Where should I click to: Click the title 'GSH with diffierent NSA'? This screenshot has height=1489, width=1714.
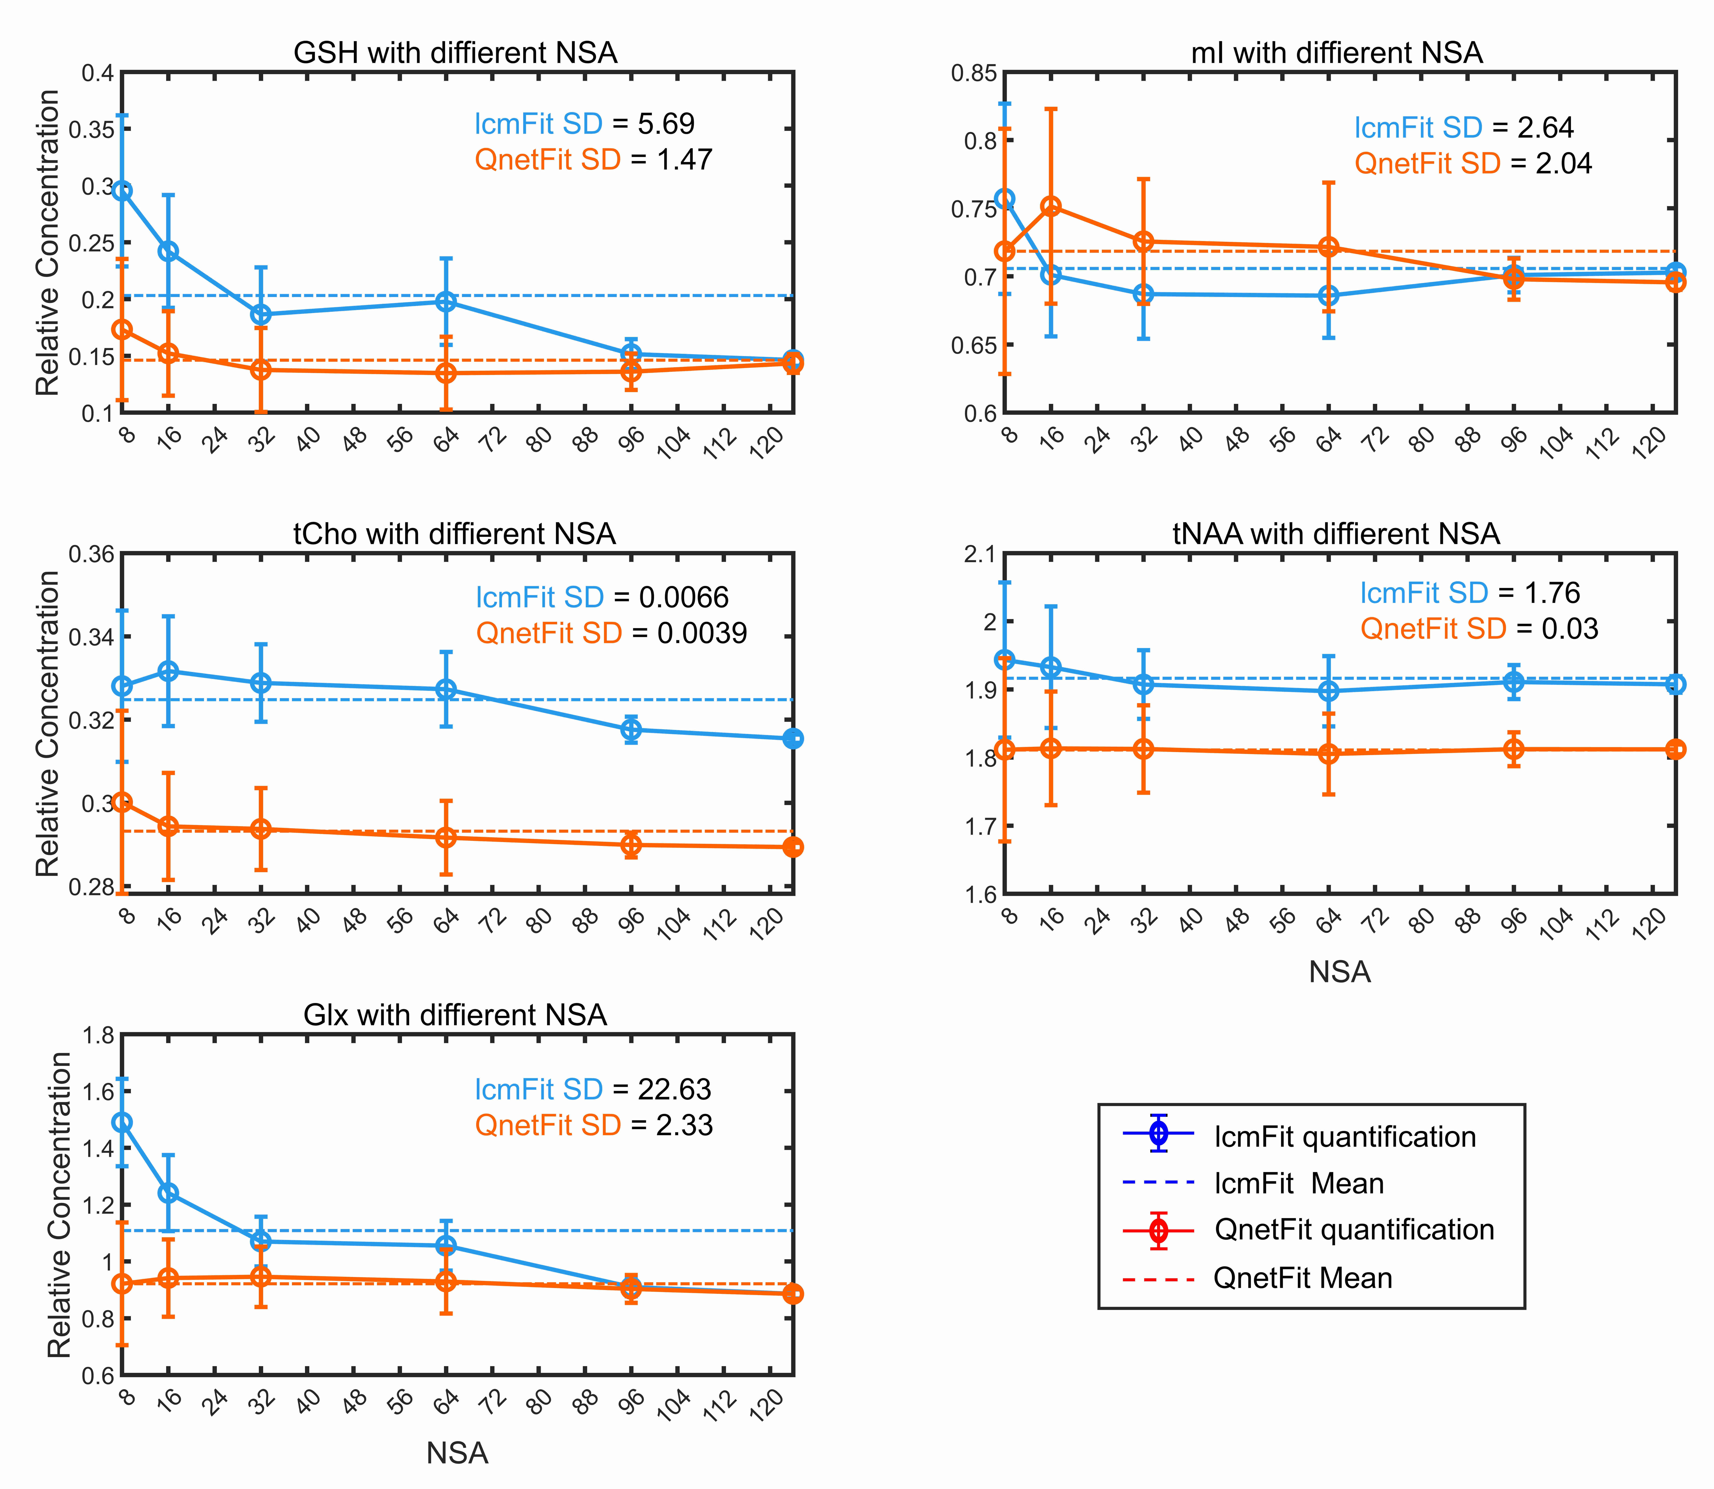click(x=455, y=53)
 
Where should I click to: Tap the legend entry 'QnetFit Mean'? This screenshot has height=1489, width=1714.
click(x=1302, y=1278)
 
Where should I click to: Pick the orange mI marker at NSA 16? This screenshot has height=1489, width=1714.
click(x=1051, y=207)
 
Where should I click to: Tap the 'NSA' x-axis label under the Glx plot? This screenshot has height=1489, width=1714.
click(x=457, y=1453)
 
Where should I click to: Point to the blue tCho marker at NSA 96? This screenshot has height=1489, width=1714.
click(x=631, y=730)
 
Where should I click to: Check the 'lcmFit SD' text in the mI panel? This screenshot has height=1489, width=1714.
click(x=1418, y=128)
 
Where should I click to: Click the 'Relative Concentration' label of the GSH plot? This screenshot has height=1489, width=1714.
click(x=48, y=243)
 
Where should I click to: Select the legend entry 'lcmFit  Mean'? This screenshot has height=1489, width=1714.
click(x=1299, y=1183)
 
